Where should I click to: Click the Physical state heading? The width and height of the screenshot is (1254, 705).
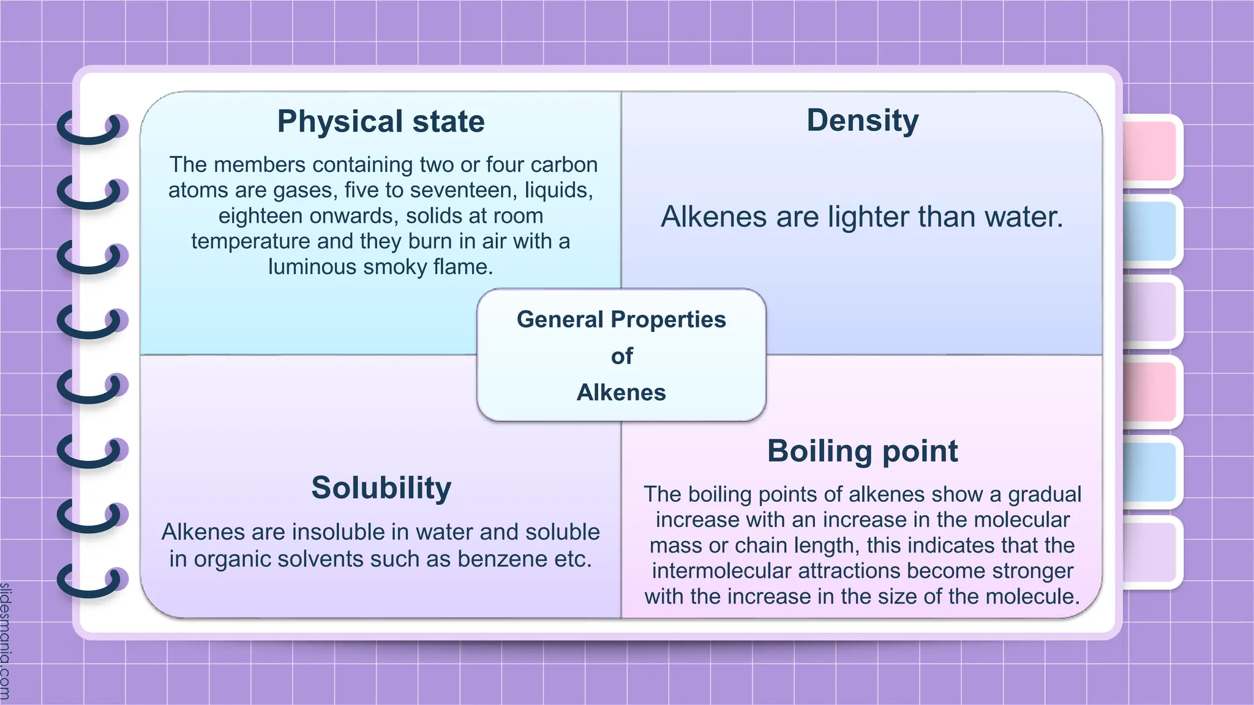tap(381, 121)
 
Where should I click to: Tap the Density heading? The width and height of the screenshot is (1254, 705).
tap(862, 121)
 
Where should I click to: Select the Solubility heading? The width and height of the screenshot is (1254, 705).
tap(381, 488)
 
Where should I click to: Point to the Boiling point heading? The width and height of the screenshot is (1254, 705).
tap(862, 451)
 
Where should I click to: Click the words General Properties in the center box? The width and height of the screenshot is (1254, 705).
tap(621, 319)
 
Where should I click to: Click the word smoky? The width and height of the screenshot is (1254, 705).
tap(397, 267)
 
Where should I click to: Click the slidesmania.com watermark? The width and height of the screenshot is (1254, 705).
tap(6, 640)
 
